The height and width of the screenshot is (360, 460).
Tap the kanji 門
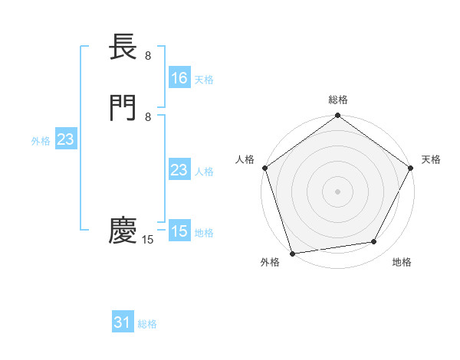(123, 106)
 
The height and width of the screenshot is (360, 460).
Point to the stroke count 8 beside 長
(148, 56)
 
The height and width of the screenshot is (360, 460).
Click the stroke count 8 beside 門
(148, 116)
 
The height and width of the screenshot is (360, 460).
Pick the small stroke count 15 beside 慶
(148, 240)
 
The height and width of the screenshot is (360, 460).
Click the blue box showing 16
(179, 78)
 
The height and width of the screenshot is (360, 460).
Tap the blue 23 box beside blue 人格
(179, 170)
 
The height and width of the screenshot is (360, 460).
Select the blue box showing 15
(179, 231)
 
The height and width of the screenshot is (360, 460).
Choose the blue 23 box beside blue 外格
(65, 139)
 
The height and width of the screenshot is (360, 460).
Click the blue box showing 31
(123, 322)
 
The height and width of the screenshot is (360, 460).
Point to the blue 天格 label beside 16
(204, 80)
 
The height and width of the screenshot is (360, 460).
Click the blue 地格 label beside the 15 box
(204, 233)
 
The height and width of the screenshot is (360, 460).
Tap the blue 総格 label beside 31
(147, 324)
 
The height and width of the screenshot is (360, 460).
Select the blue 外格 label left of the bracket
(40, 141)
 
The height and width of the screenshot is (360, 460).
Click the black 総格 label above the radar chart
(338, 100)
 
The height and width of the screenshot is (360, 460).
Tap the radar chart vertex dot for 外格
(292, 253)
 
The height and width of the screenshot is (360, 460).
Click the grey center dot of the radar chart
(338, 191)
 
